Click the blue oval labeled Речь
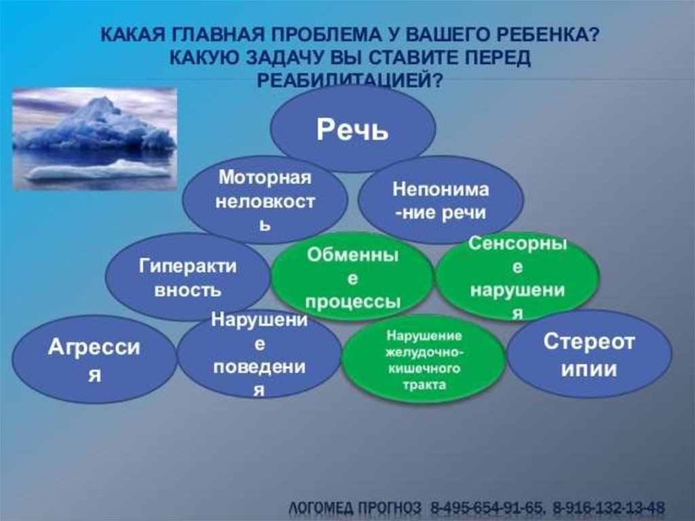353,128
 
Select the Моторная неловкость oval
265,200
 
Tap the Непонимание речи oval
440,200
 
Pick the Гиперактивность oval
188,277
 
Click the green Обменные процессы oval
352,277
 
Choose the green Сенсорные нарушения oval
517,277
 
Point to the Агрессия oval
94,359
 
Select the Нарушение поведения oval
259,354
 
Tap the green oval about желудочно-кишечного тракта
424,359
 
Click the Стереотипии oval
589,354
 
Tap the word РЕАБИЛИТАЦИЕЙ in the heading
350,80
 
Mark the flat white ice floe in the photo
98,171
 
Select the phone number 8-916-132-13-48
609,507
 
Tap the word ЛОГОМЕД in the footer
322,507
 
